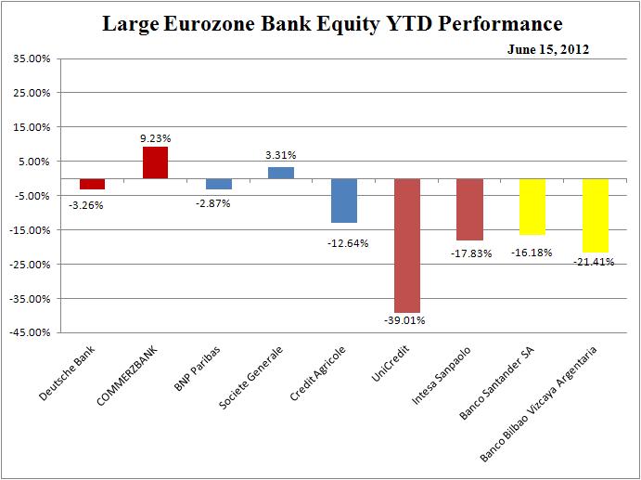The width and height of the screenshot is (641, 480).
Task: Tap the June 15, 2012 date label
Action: (547, 50)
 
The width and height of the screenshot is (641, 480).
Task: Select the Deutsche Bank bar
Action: (92, 183)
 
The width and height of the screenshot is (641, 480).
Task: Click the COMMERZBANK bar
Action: (155, 162)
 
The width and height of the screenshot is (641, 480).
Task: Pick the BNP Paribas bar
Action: (218, 183)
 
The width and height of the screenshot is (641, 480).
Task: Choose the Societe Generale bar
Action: (281, 173)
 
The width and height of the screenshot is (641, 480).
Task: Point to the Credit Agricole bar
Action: (344, 201)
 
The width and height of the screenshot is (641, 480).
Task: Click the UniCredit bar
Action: (407, 245)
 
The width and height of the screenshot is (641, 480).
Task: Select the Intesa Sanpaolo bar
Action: (469, 209)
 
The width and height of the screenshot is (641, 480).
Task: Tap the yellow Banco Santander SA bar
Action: (532, 206)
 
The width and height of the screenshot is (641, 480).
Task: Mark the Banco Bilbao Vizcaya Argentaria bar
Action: (596, 215)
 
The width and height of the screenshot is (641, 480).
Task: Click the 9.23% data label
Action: (155, 137)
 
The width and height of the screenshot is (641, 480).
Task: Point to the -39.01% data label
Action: (407, 321)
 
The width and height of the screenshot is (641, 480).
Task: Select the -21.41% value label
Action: (596, 262)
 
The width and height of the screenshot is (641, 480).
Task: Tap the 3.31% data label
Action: (281, 157)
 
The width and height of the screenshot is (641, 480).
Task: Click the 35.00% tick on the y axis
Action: (32, 58)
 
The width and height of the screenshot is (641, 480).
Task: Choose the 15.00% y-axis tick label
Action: (32, 127)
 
